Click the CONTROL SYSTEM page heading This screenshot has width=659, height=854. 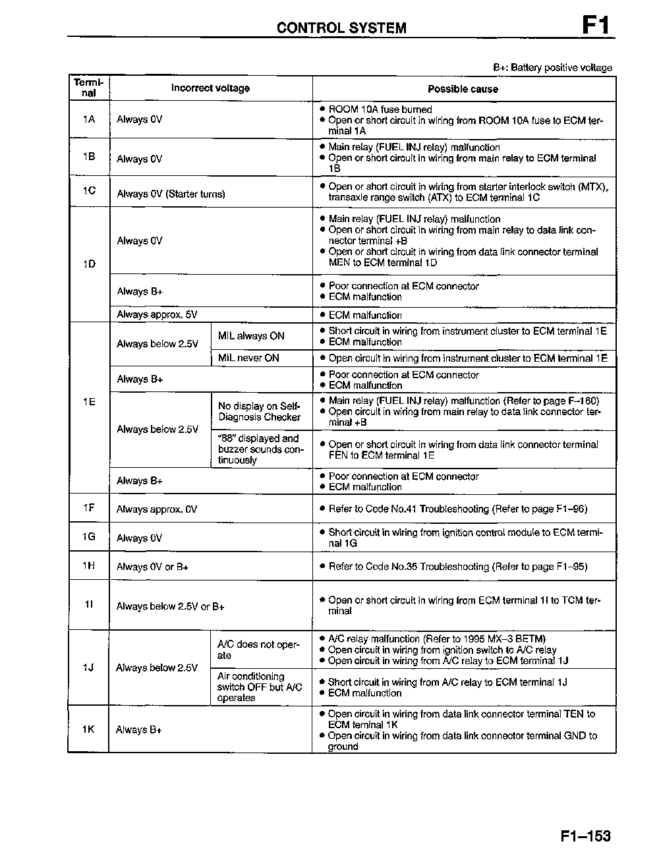pyautogui.click(x=341, y=28)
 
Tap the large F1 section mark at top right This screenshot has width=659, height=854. pyautogui.click(x=596, y=26)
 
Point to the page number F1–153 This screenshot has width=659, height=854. pyautogui.click(x=586, y=836)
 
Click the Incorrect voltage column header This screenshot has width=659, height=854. pyautogui.click(x=210, y=88)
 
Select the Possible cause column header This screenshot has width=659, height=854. pyautogui.click(x=463, y=89)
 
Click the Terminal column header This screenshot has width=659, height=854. pyautogui.click(x=89, y=88)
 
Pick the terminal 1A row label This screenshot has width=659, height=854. pyautogui.click(x=89, y=119)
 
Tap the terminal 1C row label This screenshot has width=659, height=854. pyautogui.click(x=89, y=190)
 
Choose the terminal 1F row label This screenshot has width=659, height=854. pyautogui.click(x=89, y=508)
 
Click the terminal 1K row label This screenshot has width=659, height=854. pyautogui.click(x=88, y=729)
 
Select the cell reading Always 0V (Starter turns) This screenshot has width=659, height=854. pyautogui.click(x=171, y=194)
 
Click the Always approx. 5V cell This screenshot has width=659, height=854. pyautogui.click(x=157, y=315)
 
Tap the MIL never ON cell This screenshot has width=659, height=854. pyautogui.click(x=248, y=358)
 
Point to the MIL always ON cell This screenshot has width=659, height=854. pyautogui.click(x=251, y=336)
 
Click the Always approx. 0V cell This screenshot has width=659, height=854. pyautogui.click(x=157, y=509)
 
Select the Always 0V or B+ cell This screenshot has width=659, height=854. pyautogui.click(x=152, y=567)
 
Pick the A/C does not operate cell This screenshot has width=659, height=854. pyautogui.click(x=258, y=650)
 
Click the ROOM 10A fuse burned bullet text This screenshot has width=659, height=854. pyautogui.click(x=380, y=109)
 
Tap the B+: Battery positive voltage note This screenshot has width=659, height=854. pyautogui.click(x=552, y=68)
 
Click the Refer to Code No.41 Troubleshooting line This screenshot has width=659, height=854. pyautogui.click(x=457, y=509)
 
